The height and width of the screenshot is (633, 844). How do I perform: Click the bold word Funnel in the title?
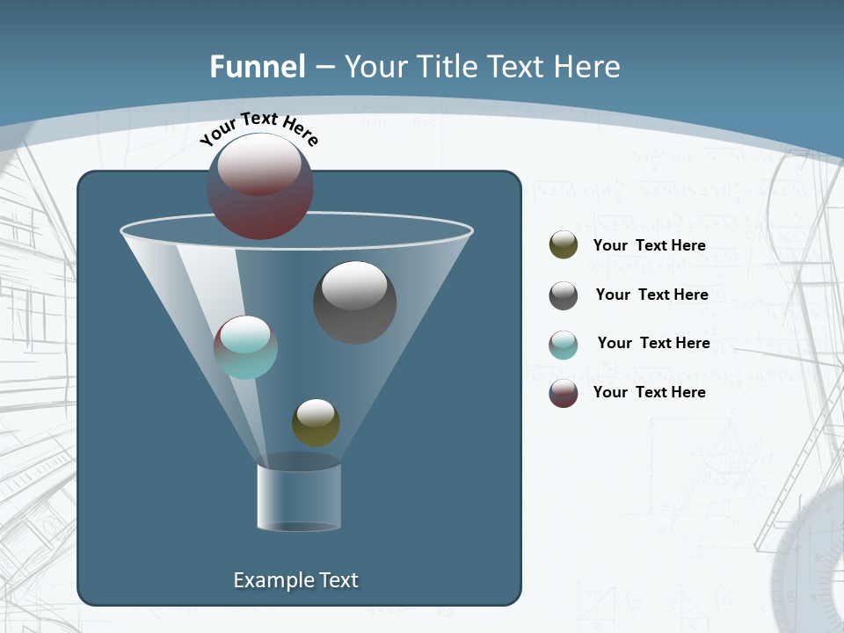pos(257,67)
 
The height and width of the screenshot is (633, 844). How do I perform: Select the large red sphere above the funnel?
pos(260,186)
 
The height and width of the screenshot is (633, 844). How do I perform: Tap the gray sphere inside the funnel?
pos(354,302)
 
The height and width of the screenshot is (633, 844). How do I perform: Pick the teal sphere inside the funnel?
pos(245,347)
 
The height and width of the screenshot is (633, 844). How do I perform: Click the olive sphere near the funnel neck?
pos(316,423)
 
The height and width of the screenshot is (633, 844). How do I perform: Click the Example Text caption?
pos(295,580)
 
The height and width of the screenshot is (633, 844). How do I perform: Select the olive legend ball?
pos(564,245)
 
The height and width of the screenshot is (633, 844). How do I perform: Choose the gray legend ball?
pos(564,295)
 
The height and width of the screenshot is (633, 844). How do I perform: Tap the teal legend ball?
pos(564,345)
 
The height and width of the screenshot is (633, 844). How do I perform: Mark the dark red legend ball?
pos(564,393)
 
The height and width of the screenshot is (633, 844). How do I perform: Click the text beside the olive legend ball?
pos(649,246)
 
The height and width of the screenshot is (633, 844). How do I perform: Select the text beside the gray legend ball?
pos(651,295)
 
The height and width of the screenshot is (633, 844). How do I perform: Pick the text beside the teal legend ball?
pos(653,344)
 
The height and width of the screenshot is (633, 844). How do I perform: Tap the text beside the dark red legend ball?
pos(649,392)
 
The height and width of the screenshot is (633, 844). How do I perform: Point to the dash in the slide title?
pos(324,67)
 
